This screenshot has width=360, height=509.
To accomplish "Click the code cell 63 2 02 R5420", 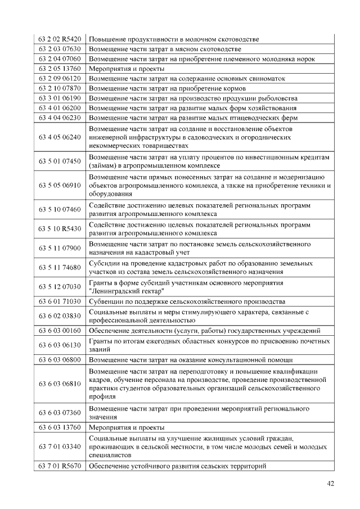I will tap(60, 39).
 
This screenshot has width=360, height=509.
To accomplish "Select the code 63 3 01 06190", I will tap(60, 98).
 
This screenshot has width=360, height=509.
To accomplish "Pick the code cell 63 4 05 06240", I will tap(60, 137).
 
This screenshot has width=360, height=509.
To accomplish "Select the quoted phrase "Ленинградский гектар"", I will tap(127, 291).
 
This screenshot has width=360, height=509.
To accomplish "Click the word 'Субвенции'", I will tap(105, 301).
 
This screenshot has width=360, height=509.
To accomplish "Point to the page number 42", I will tap(330, 483).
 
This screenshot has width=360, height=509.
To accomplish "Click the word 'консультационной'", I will tap(247, 360).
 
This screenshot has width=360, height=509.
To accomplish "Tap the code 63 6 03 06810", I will tap(60, 384).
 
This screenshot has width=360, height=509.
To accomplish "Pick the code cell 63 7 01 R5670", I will tap(60, 466).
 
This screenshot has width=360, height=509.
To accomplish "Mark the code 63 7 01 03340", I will tap(60, 447).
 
